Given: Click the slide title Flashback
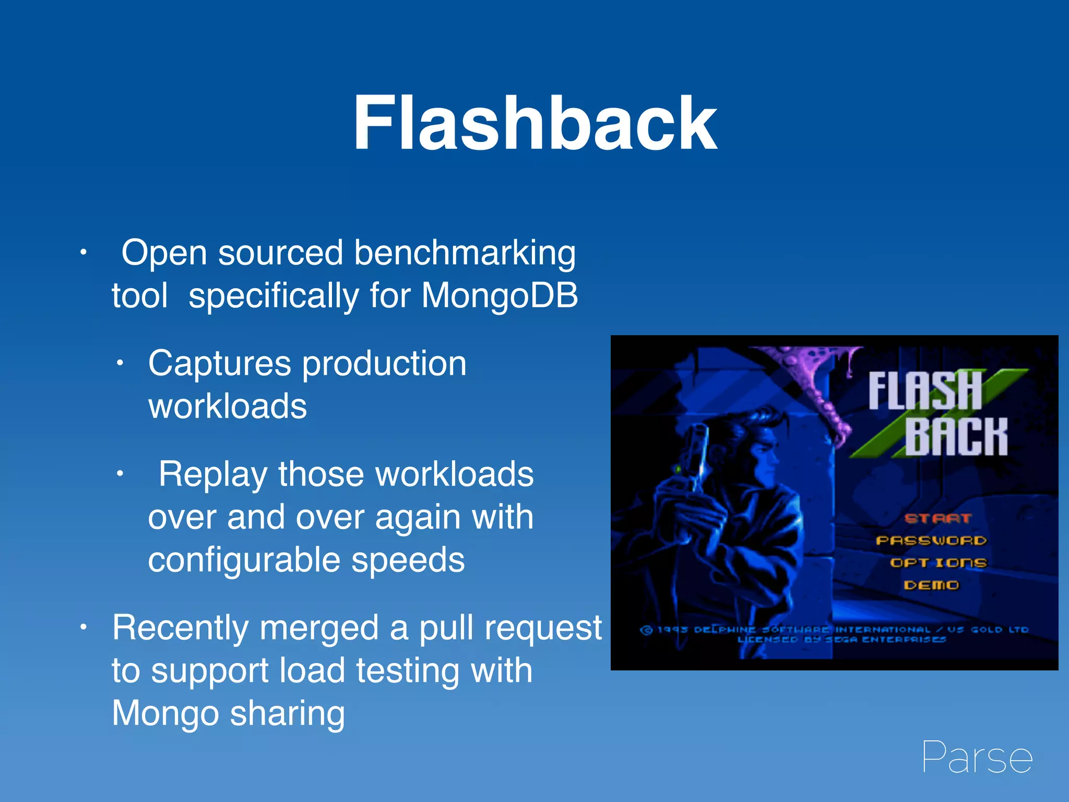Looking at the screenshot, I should pos(534,124).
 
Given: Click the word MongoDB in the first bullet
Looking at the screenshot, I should pos(500,296).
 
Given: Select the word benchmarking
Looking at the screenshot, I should pos(465,253).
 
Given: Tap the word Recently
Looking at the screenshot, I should pos(180,628).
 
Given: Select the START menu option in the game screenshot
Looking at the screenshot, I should pos(937,518).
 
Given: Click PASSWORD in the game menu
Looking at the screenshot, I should pos(931,540).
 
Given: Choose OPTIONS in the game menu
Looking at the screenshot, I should pos(938,563).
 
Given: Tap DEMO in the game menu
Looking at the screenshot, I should pos(931,585).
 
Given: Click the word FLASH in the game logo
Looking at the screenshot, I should pos(924,391).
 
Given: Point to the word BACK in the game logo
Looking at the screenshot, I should pos(956,437).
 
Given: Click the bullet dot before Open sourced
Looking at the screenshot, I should pos(82,253).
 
